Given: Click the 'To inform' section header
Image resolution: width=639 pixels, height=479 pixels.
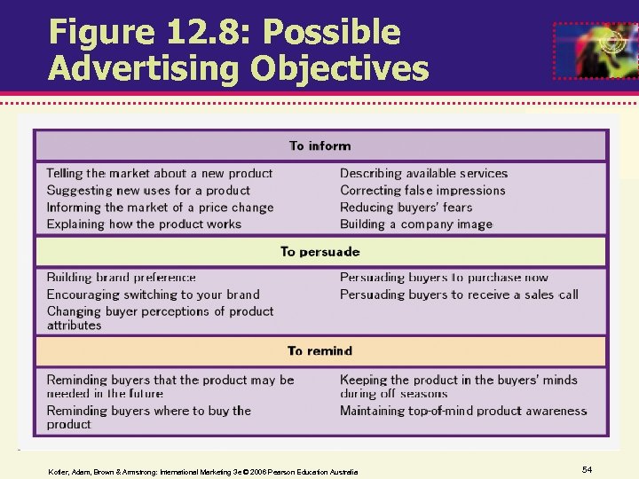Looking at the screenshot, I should pos(319,146).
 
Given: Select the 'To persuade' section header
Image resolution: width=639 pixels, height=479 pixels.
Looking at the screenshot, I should pos(319,252).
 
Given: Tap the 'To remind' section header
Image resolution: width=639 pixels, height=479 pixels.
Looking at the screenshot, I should pos(319,351).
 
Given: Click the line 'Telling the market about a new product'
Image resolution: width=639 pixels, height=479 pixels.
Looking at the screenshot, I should pos(160,174).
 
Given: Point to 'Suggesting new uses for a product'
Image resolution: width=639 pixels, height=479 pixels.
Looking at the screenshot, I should pos(148,191).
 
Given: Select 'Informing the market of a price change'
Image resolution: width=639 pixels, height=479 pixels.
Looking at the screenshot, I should pos(160,208).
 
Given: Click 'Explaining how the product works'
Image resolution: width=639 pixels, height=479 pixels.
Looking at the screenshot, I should pos(144,224).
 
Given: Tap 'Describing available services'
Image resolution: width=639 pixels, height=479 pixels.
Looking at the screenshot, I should pos(423,174).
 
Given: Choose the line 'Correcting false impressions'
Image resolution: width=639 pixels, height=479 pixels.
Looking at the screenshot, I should pos(422,191).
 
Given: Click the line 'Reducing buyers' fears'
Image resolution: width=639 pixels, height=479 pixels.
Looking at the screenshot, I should pos(406,208).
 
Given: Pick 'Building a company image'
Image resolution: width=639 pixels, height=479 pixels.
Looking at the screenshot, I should pos(415,224).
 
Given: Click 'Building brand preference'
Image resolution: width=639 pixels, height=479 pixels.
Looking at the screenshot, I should pos(121,278).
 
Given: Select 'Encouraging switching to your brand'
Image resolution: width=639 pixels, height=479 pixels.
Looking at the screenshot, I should pos(153,294).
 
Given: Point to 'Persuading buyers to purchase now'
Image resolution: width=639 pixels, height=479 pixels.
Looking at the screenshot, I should pos(444,278).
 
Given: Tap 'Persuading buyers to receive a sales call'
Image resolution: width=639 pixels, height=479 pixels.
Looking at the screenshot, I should pos(459,294).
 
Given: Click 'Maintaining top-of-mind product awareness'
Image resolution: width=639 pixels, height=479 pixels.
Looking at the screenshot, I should pos(463,411).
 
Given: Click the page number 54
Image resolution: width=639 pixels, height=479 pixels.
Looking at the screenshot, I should pos(587,468).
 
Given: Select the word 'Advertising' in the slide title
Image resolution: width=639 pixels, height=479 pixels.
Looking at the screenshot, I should pos(139,67).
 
